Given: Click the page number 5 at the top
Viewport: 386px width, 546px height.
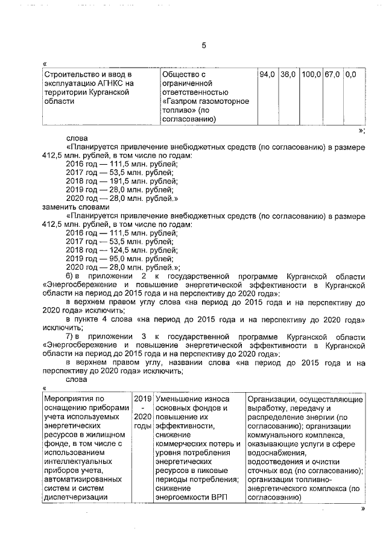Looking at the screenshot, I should [204, 43].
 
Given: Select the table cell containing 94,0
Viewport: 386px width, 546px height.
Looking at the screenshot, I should [267, 74].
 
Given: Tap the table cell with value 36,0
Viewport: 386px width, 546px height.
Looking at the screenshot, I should [288, 74].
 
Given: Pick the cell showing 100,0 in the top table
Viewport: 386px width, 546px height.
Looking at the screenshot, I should [311, 74].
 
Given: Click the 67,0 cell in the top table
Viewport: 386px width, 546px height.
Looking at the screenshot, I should [332, 74].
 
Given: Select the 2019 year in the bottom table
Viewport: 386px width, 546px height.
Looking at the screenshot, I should [142, 398].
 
